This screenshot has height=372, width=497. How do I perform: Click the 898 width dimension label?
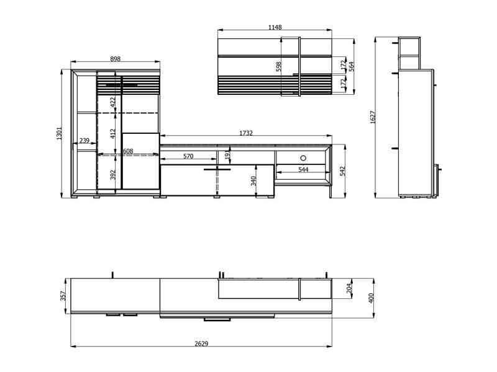click(x=116, y=59)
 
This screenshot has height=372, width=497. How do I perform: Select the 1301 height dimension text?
click(x=59, y=133)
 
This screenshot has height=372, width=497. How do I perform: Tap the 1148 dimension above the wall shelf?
click(x=275, y=27)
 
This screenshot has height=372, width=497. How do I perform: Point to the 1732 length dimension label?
click(x=246, y=133)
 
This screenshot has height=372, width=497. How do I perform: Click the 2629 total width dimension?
click(x=201, y=343)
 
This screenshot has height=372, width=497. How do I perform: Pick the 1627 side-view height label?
click(x=373, y=117)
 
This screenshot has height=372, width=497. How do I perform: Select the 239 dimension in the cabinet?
click(x=84, y=141)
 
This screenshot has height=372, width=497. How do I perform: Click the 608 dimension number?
click(x=128, y=151)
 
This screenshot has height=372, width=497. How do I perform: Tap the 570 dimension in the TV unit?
click(x=188, y=156)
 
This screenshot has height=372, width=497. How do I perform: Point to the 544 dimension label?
click(x=303, y=169)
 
